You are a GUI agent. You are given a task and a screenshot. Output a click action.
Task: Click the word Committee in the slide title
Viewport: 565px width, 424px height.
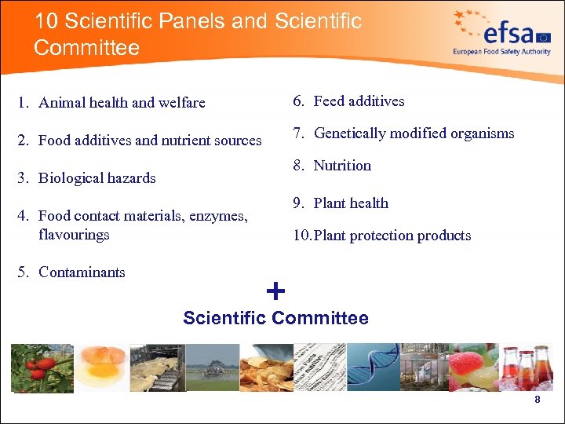click(x=86, y=48)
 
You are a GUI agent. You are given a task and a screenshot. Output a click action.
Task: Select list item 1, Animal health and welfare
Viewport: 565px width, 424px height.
click(x=121, y=103)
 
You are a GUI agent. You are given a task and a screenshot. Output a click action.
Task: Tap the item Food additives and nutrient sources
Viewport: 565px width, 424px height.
click(x=149, y=141)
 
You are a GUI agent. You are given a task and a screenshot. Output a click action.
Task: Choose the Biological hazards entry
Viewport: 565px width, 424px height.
click(x=97, y=178)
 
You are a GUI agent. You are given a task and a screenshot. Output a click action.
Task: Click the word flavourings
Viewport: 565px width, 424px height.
click(x=74, y=235)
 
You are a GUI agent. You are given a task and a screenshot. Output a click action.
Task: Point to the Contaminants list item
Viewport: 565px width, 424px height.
click(x=82, y=272)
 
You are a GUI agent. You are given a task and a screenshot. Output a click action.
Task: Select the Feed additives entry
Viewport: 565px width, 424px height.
click(x=359, y=101)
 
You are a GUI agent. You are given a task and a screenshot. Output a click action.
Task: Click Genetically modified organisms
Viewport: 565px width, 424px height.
click(x=414, y=133)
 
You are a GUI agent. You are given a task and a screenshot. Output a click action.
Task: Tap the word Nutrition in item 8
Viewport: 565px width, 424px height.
click(x=342, y=166)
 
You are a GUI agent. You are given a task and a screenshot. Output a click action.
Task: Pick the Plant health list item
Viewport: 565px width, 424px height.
click(x=351, y=203)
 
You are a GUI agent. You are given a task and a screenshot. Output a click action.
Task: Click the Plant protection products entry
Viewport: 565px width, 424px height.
click(x=392, y=236)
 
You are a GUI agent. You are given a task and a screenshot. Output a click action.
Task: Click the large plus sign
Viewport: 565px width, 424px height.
click(x=275, y=292)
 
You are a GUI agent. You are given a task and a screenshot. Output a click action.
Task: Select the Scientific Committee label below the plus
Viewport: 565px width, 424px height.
click(x=275, y=318)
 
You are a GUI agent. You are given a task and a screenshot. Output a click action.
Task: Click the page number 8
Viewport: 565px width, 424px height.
click(x=537, y=400)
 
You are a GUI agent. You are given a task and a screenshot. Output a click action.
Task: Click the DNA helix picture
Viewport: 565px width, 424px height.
click(x=372, y=367)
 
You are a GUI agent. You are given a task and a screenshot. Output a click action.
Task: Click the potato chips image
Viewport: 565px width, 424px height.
click(x=263, y=367)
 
